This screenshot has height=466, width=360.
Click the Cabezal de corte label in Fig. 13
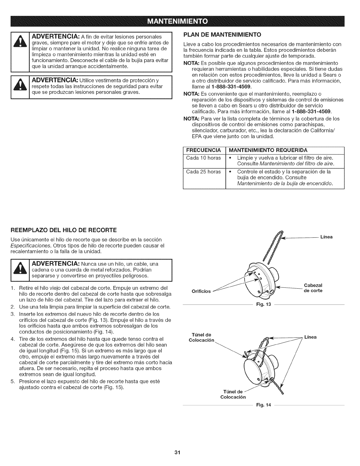(x=313, y=288)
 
